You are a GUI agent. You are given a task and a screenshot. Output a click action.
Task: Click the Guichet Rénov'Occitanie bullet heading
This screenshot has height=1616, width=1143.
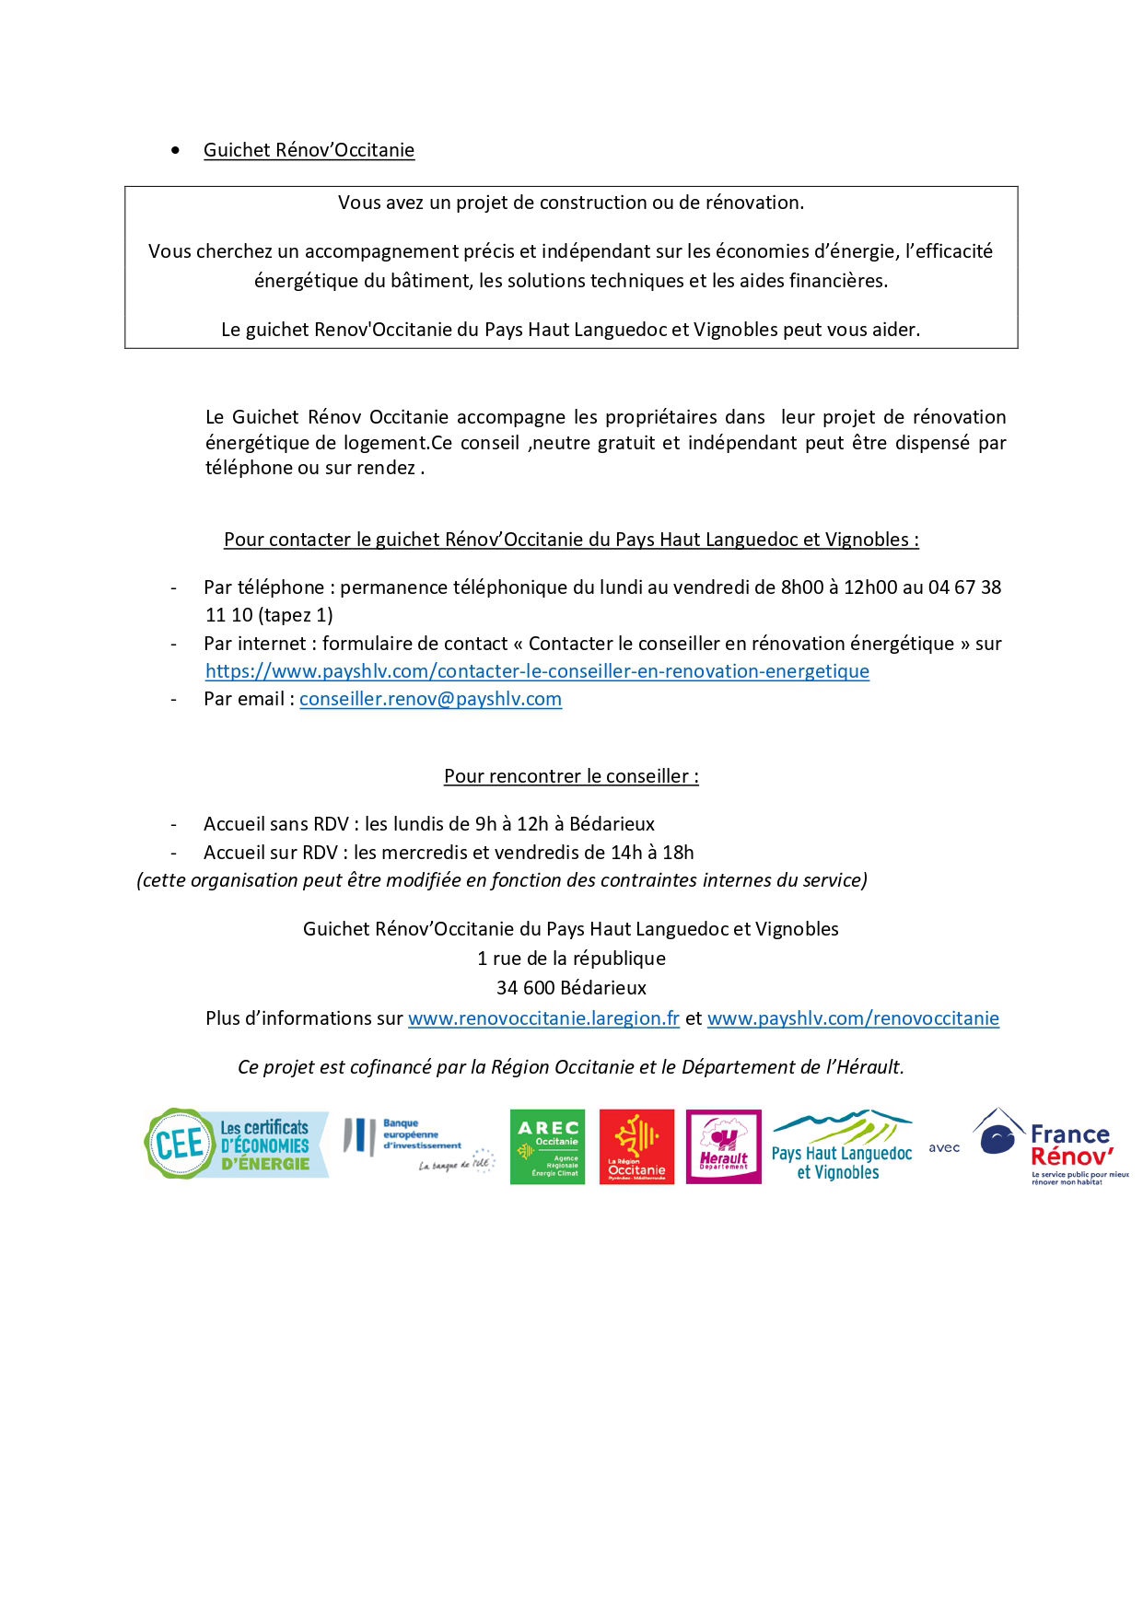point(309,150)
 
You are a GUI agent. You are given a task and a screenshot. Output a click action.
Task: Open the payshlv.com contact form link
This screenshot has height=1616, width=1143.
point(537,671)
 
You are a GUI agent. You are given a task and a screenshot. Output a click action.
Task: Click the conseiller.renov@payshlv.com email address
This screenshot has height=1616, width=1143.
point(430,699)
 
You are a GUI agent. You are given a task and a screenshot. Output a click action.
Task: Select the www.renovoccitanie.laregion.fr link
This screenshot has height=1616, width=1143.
point(543,1018)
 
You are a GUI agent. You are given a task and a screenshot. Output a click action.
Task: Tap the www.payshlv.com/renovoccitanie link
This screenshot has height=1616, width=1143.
point(853,1018)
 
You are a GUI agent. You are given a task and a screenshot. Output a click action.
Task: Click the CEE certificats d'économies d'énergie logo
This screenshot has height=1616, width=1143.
point(237,1145)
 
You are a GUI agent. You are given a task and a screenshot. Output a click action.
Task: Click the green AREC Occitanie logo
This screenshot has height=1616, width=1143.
point(547,1146)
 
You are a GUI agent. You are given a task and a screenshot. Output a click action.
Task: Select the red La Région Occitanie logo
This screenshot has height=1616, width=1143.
point(636,1146)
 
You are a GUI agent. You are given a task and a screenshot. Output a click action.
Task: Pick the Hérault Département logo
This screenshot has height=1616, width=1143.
point(724,1146)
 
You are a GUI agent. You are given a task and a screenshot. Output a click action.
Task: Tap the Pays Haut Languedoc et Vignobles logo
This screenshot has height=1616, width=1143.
point(841,1146)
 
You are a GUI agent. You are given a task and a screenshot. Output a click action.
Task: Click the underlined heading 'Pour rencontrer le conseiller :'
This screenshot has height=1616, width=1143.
point(571,776)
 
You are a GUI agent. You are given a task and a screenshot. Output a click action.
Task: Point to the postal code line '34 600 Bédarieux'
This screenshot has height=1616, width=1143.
point(571,988)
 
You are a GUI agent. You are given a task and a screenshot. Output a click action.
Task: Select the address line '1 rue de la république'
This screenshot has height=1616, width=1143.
point(571,959)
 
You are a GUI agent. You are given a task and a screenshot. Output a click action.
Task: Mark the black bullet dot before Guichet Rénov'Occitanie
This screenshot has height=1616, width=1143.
point(176,150)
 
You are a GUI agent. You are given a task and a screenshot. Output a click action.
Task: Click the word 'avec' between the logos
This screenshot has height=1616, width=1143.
point(944,1148)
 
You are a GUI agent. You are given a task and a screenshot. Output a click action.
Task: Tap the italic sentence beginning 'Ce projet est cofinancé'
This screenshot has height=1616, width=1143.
point(571,1067)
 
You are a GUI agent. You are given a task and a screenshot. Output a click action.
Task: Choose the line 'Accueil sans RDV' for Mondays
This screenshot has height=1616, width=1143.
point(429,824)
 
